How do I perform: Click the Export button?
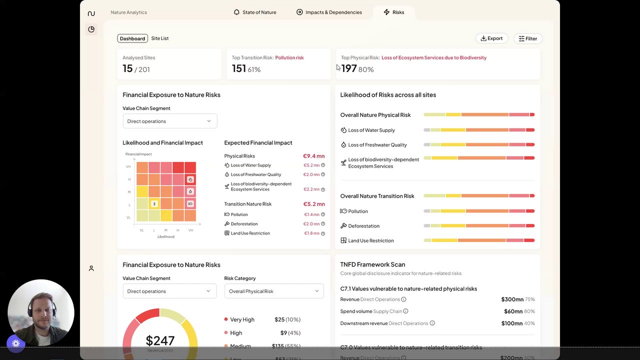tap(491, 38)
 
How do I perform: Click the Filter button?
tap(527, 38)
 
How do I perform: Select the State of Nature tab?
tap(255, 12)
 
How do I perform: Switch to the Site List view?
tap(160, 38)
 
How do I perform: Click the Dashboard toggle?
tap(132, 38)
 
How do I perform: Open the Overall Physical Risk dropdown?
tap(273, 291)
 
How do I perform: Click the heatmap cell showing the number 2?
tap(154, 203)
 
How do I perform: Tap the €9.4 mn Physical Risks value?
tap(313, 156)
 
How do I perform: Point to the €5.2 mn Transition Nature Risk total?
tap(313, 204)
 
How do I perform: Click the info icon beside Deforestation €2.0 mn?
tap(323, 224)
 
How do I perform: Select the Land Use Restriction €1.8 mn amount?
tap(311, 233)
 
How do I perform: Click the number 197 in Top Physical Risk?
tap(349, 68)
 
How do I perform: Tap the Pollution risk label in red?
tap(289, 57)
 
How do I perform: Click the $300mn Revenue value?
tap(512, 299)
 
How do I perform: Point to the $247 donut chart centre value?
tap(160, 341)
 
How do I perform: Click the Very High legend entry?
tap(242, 319)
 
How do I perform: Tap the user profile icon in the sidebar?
tap(91, 268)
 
